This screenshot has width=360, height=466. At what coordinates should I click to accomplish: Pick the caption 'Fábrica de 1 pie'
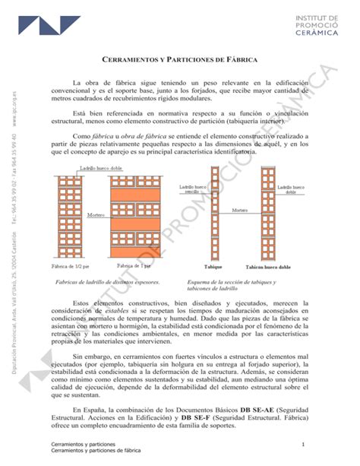pos(134,266)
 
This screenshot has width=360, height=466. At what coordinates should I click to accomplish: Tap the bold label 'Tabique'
pos(214,267)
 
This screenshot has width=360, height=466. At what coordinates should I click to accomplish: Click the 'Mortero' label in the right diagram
pos(240,210)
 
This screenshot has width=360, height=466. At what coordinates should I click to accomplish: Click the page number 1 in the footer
pos(302,444)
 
